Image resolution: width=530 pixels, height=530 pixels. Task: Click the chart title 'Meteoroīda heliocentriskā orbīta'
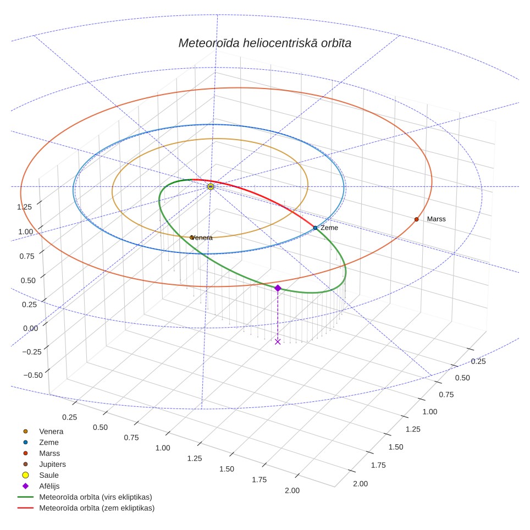click(264, 43)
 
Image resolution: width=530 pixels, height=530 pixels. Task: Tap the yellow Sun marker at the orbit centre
click(211, 186)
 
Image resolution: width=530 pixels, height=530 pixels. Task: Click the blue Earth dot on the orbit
click(316, 228)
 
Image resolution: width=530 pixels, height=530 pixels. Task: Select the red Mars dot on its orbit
click(416, 219)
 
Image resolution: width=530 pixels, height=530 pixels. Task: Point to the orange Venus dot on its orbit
click(192, 238)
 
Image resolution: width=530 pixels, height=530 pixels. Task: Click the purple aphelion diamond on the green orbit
click(278, 288)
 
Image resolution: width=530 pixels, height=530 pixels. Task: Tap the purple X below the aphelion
click(278, 342)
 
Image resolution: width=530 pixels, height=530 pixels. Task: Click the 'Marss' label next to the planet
click(436, 219)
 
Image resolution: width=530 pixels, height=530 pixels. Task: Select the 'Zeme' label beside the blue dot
click(329, 228)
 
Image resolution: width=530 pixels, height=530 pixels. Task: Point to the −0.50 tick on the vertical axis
click(33, 375)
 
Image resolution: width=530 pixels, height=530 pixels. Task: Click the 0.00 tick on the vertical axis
click(30, 328)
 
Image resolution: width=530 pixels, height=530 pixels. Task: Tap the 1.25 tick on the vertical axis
click(24, 207)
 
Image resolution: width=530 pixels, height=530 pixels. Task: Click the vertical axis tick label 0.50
click(28, 280)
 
